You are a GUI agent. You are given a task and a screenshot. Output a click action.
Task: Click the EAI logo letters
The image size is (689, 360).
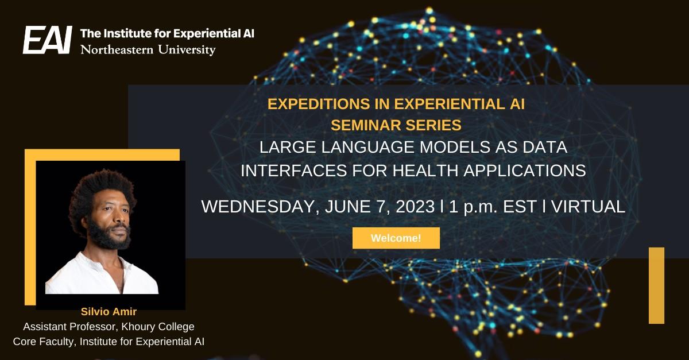coord(47,40)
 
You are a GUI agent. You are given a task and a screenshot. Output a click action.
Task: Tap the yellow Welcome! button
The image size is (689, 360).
coord(396,238)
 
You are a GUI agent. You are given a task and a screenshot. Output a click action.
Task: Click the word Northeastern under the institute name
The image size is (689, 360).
coord(117,50)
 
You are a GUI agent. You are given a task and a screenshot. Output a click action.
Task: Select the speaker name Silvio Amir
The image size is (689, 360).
coord(109,312)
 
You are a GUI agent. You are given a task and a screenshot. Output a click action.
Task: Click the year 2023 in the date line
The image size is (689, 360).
coord(415,207)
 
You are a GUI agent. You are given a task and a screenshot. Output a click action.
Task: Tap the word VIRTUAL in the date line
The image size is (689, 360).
coord(588,207)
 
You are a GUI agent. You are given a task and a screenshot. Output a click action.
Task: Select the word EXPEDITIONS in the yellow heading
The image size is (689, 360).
coord(319,104)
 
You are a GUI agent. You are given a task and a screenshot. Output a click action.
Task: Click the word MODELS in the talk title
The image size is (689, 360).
coord(455,147)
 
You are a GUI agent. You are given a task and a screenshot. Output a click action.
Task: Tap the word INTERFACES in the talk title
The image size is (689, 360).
coord(294,171)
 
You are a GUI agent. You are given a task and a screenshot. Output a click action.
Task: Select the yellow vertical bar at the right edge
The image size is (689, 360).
coord(656,285)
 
